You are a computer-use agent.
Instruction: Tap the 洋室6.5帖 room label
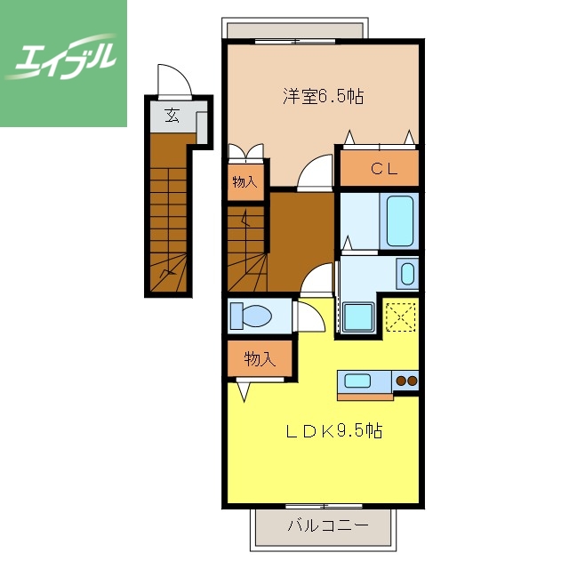click(324, 96)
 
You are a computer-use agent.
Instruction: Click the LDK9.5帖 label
click(333, 432)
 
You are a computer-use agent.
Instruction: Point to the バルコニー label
click(326, 525)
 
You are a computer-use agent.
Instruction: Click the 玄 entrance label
click(171, 114)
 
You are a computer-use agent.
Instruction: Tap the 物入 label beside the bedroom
click(244, 182)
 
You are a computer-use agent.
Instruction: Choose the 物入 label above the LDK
click(258, 359)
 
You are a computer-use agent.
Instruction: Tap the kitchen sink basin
click(358, 381)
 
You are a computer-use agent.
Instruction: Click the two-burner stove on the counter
click(405, 381)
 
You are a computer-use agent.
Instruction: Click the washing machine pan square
click(358, 317)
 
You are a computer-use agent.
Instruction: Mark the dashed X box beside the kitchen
click(400, 316)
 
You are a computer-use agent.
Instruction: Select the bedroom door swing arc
click(315, 172)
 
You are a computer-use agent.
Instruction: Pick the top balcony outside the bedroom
click(295, 30)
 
